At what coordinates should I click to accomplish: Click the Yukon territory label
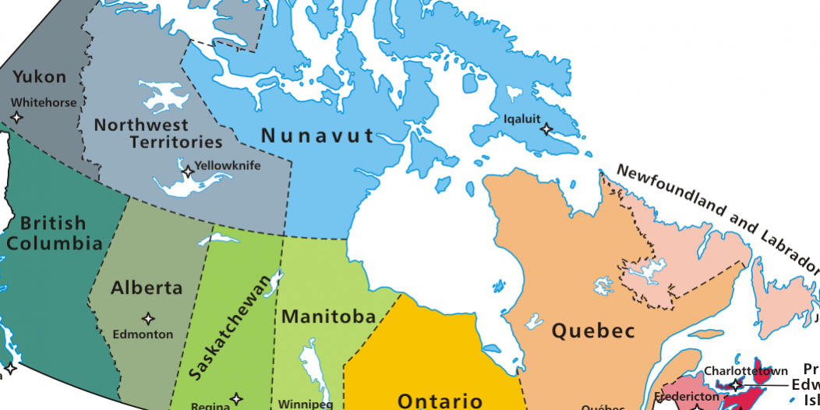pos(40,77)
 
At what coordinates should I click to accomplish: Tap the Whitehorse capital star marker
pos(17,117)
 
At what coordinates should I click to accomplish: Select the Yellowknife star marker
pos(188,171)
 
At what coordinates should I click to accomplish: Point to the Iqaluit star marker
pos(546,129)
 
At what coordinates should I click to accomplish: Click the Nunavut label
pos(318,136)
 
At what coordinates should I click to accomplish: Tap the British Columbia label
pos(53,233)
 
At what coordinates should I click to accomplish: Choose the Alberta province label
pos(147,288)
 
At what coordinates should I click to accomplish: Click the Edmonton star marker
pos(147,318)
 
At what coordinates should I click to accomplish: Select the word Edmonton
pos(143,334)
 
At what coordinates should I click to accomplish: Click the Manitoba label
pos(329,317)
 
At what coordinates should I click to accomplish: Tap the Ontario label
pos(440,401)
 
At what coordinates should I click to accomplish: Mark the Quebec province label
pos(593,330)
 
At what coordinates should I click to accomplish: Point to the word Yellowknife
pos(228,165)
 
